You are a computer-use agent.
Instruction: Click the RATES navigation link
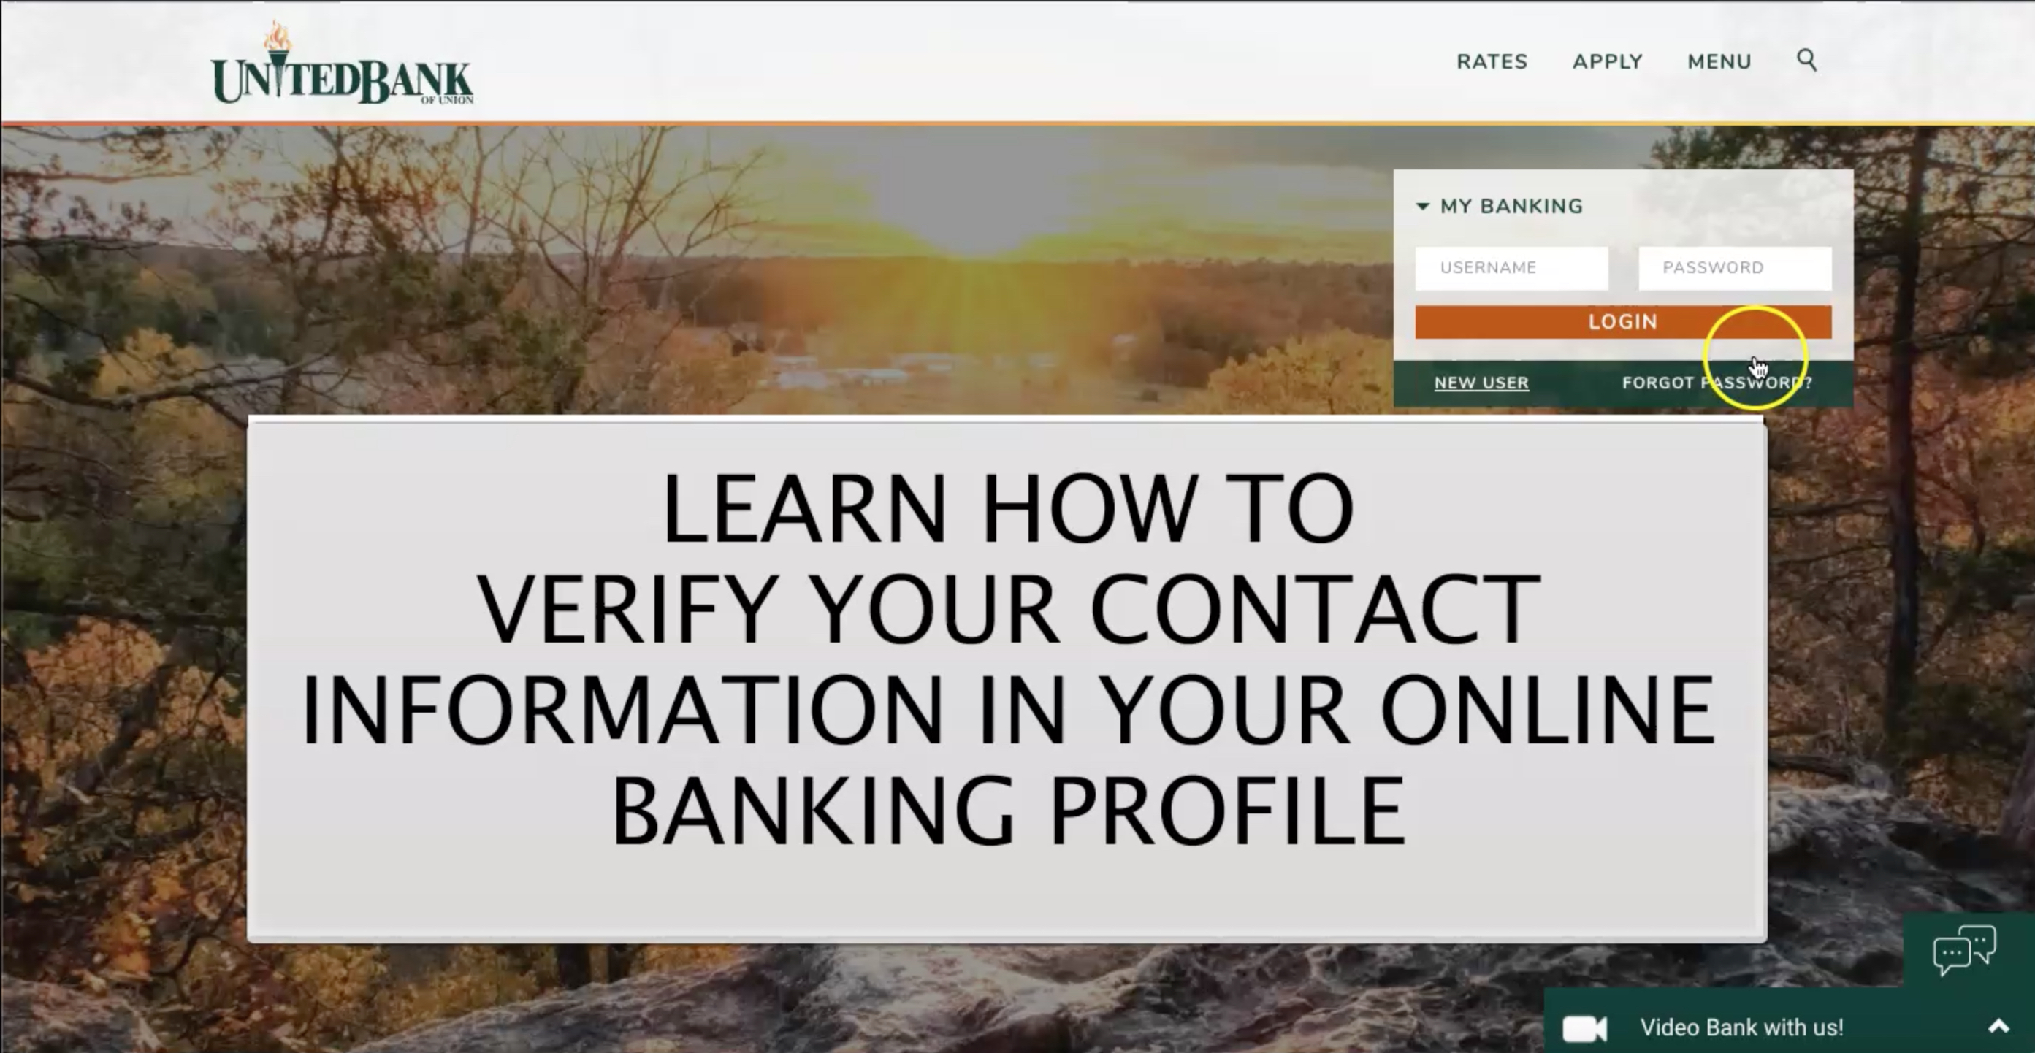1492,61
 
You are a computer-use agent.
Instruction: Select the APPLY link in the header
1608,61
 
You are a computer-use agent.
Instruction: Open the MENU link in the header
1719,61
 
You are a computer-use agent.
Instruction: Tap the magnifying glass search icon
1806,60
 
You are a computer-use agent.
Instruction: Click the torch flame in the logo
277,36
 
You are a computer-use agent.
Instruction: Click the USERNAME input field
1511,268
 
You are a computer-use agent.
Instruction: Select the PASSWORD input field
1735,268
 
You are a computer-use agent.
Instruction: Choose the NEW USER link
1481,383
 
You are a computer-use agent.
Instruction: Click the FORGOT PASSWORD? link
1717,383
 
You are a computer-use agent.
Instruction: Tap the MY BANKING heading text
1511,206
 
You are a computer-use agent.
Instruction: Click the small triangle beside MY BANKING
1423,206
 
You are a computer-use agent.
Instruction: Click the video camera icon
1585,1028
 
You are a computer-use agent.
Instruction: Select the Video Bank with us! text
1741,1027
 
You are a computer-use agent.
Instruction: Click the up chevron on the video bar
1998,1027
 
